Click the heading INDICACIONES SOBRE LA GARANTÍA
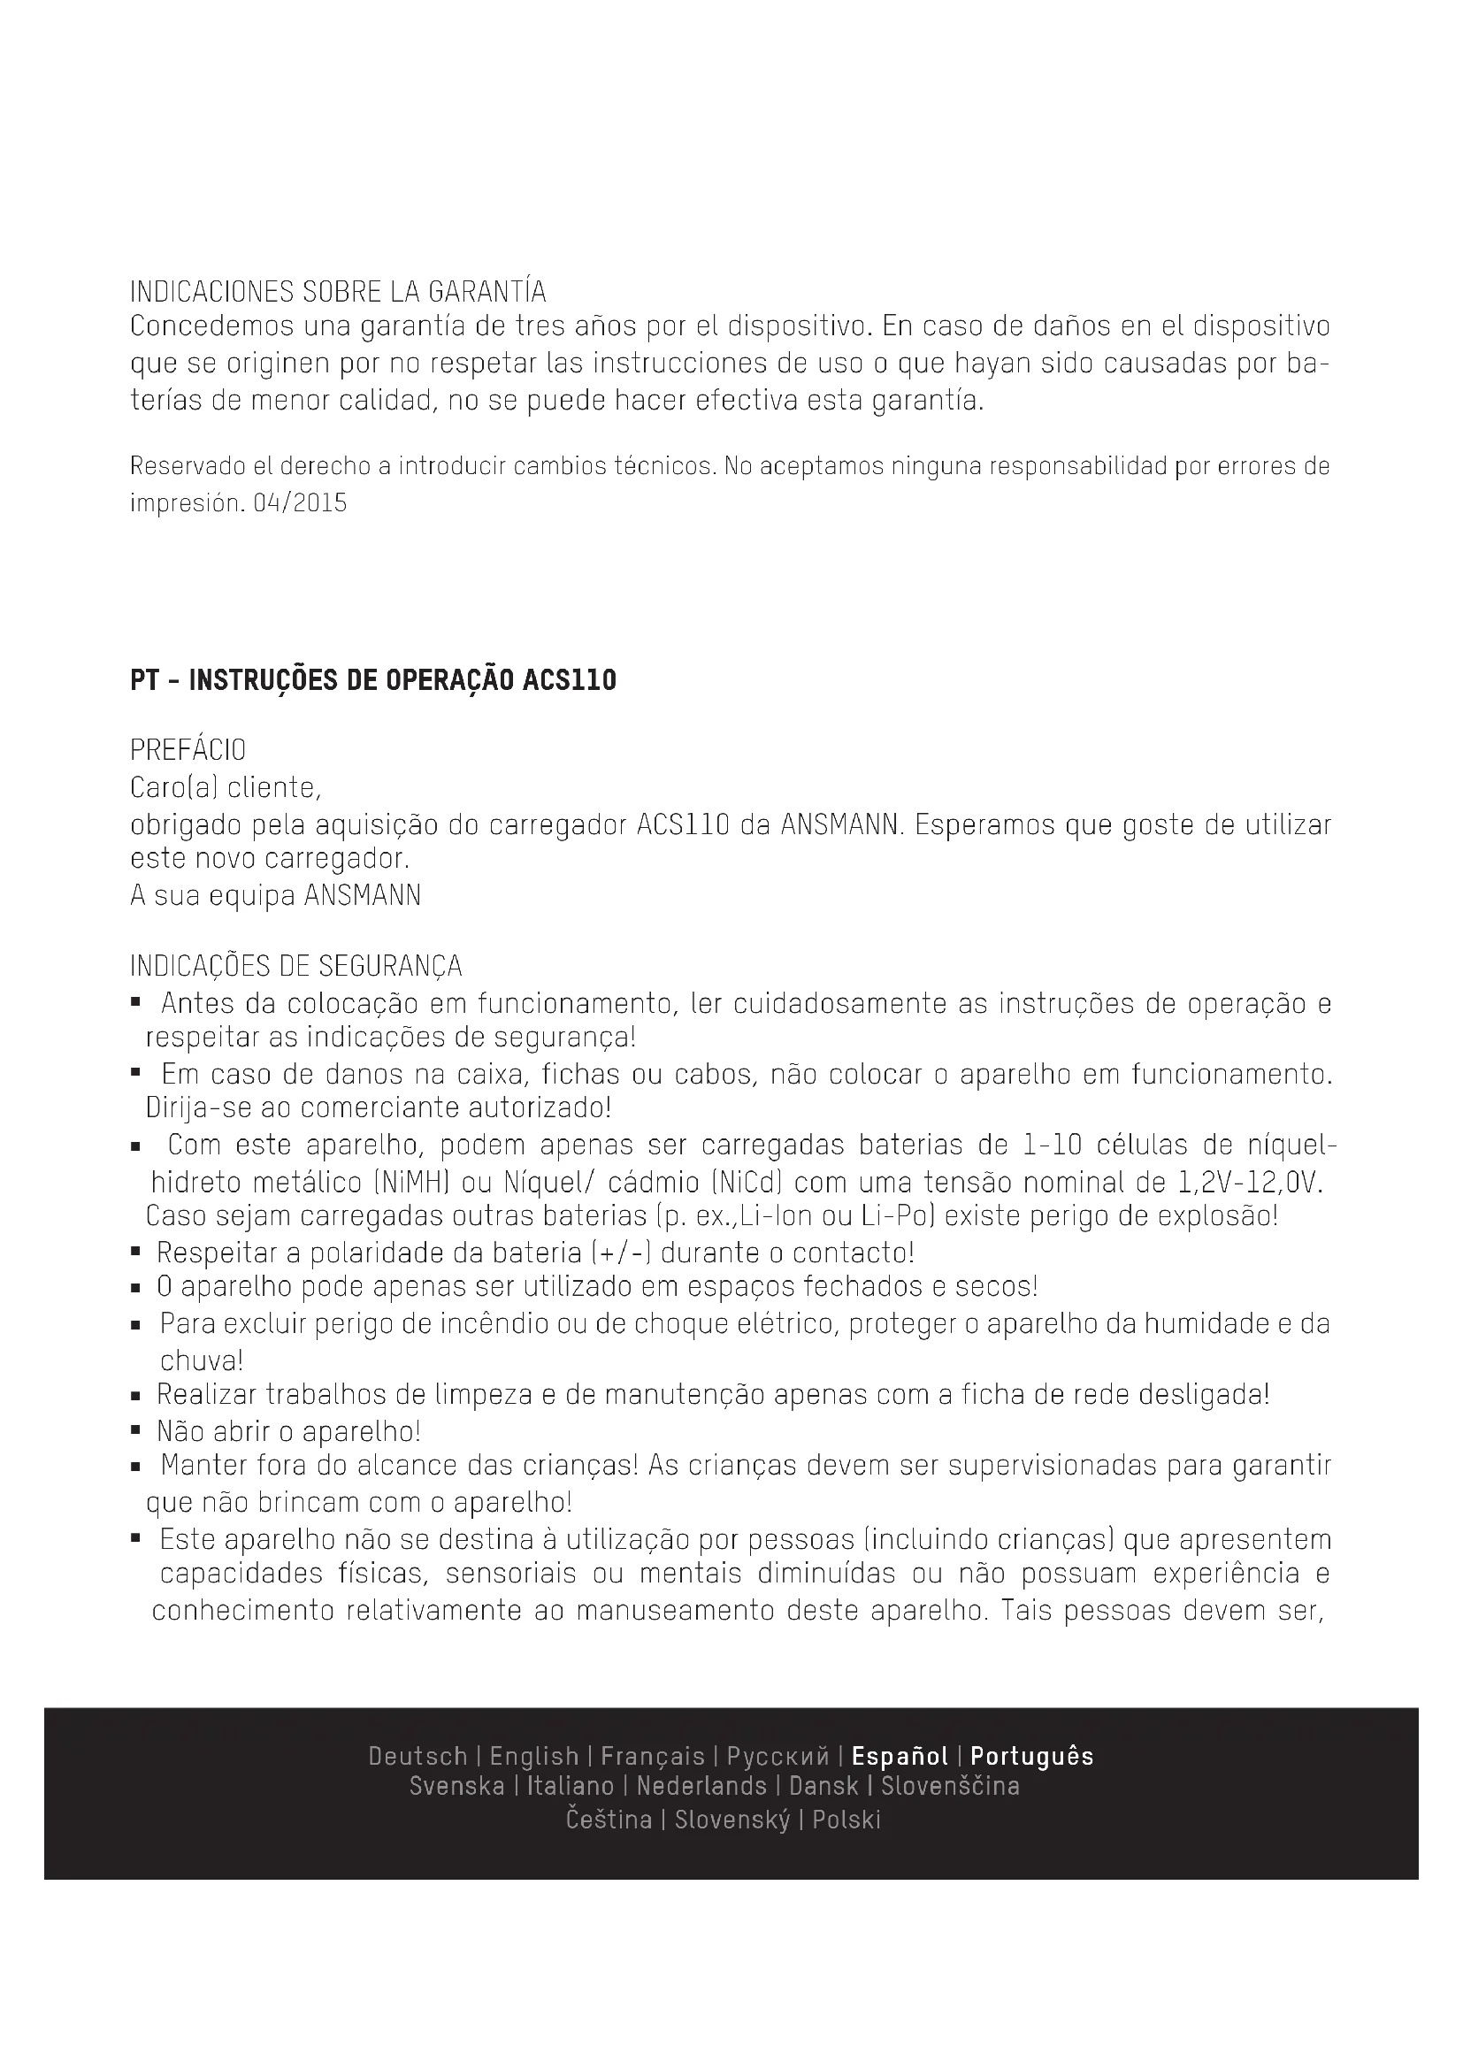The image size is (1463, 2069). click(x=338, y=292)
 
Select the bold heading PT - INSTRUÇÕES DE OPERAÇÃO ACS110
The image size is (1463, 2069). click(x=373, y=680)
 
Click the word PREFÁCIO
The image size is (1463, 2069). click(x=188, y=750)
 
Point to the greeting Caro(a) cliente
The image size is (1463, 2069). click(x=226, y=787)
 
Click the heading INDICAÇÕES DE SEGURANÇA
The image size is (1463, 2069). click(x=295, y=966)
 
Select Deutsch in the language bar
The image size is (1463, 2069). click(x=418, y=1757)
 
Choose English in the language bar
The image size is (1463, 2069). click(x=534, y=1757)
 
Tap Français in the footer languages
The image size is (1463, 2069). click(x=652, y=1757)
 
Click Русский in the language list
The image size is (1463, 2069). click(x=777, y=1757)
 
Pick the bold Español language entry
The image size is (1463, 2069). click(x=900, y=1757)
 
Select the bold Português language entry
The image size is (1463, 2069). click(x=1031, y=1757)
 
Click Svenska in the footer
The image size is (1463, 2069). click(x=456, y=1786)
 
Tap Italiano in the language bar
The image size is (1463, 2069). click(x=571, y=1786)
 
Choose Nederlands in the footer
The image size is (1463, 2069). click(x=701, y=1786)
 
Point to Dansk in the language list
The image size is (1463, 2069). click(x=823, y=1786)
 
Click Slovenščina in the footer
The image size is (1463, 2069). click(x=950, y=1786)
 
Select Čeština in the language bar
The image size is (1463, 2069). click(x=609, y=1820)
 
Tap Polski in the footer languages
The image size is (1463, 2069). click(x=846, y=1820)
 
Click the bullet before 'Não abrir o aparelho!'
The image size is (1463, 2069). click(x=135, y=1430)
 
